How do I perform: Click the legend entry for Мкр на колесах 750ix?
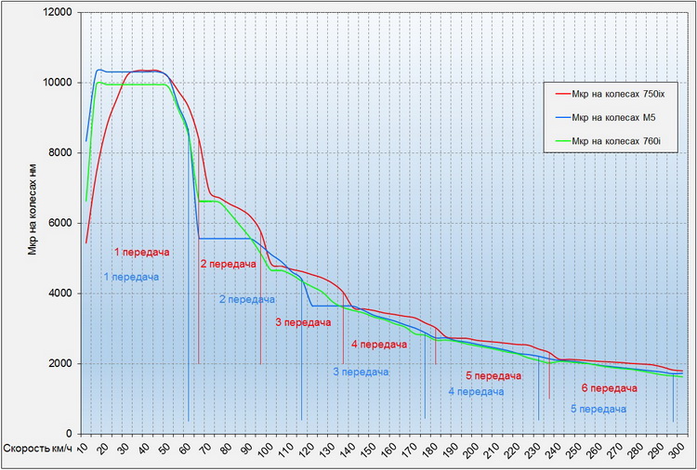click(x=615, y=93)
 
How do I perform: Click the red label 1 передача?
click(x=142, y=252)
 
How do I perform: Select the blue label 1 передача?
click(x=131, y=277)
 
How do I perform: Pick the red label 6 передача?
click(x=609, y=388)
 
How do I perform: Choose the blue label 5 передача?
click(x=598, y=409)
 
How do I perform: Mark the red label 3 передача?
click(x=303, y=322)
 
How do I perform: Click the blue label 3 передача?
click(x=361, y=372)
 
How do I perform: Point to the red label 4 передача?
click(x=379, y=345)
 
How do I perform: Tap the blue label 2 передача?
click(x=247, y=299)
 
